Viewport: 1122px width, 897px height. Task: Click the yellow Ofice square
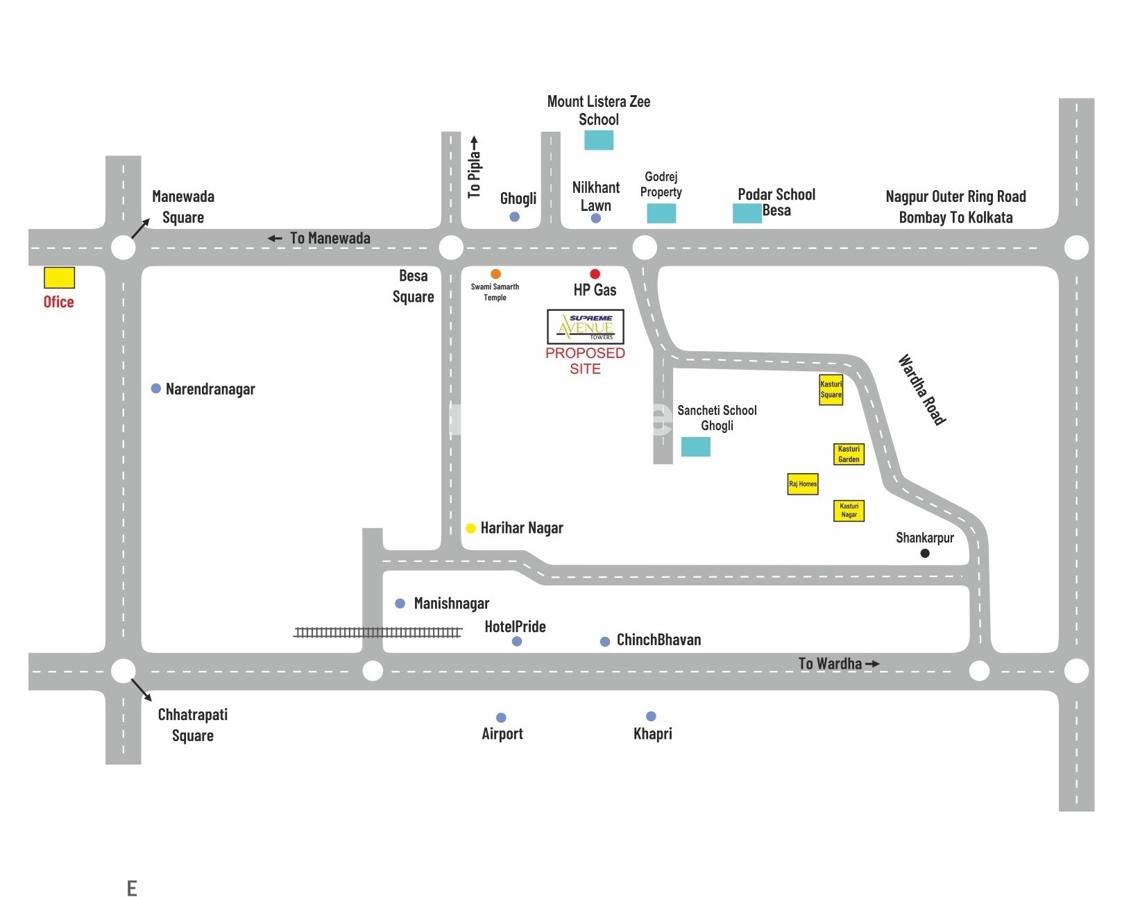(x=59, y=277)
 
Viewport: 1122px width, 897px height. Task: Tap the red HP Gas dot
(x=595, y=274)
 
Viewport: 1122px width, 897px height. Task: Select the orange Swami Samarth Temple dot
(x=495, y=274)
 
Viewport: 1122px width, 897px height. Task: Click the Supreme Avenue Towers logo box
(x=586, y=327)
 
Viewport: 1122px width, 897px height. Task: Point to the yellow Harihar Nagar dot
(x=470, y=529)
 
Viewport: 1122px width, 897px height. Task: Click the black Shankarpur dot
(x=924, y=553)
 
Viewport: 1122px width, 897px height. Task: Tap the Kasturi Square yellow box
(x=831, y=389)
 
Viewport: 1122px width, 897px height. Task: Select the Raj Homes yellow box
(x=803, y=484)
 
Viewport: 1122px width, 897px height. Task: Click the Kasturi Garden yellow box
(x=849, y=454)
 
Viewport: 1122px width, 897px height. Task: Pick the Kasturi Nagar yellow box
(x=849, y=511)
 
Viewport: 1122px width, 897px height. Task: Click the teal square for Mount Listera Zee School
(x=599, y=140)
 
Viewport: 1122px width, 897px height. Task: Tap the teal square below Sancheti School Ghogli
(x=695, y=447)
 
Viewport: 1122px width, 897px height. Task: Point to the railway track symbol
(x=377, y=632)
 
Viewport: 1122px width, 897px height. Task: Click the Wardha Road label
(x=922, y=389)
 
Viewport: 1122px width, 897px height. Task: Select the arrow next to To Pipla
(x=475, y=144)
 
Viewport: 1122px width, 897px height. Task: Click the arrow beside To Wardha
(x=872, y=664)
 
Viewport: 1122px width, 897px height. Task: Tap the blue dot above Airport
(x=501, y=717)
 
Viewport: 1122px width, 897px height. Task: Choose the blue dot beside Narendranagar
(x=156, y=388)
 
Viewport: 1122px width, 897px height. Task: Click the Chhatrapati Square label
(x=192, y=725)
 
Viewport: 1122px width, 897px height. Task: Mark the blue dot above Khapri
(x=651, y=716)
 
